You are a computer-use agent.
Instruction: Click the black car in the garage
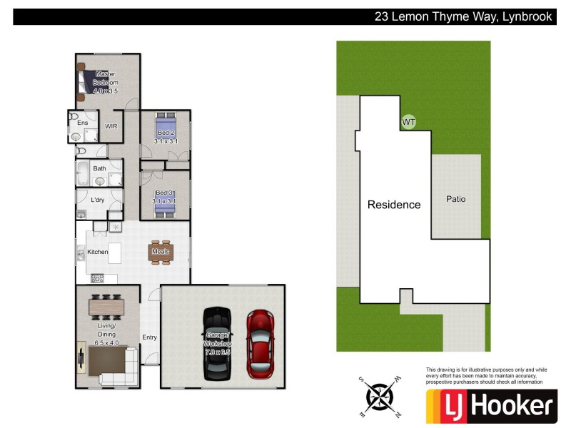click(218, 343)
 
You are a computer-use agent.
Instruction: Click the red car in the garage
click(261, 344)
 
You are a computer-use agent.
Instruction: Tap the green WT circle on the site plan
click(409, 122)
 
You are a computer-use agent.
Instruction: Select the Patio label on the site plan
click(455, 199)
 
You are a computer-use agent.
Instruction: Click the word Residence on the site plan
click(394, 205)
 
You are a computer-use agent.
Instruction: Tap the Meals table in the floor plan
click(160, 251)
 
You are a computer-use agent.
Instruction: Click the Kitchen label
click(98, 252)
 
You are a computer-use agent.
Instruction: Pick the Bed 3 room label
click(166, 193)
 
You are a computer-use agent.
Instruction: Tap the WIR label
click(111, 126)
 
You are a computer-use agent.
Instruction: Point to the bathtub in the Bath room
click(83, 173)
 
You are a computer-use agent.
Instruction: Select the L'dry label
click(98, 200)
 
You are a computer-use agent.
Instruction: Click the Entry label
click(149, 337)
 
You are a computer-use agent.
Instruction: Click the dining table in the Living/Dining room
click(106, 307)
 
